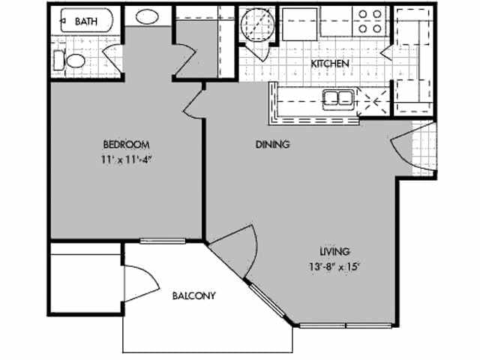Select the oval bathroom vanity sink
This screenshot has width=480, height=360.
(x=146, y=17)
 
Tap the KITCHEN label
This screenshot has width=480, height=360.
(x=330, y=64)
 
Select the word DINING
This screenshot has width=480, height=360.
(x=272, y=144)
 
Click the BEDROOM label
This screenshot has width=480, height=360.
(x=126, y=144)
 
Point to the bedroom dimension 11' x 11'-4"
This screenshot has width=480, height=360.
(x=126, y=158)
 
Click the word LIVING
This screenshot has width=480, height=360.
(x=334, y=251)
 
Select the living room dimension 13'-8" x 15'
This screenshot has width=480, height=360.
(x=334, y=265)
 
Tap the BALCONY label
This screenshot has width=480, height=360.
(x=194, y=295)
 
